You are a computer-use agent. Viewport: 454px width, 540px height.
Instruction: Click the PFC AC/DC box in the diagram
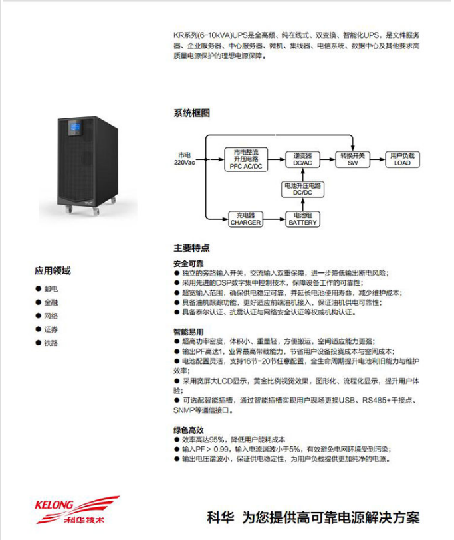click(247, 160)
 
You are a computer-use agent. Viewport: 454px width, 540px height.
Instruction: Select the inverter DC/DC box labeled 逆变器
click(302, 159)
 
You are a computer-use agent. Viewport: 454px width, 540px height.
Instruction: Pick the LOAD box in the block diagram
click(402, 159)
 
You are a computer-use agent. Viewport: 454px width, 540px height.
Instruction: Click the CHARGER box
click(245, 219)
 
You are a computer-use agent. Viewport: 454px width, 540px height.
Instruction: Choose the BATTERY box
click(302, 219)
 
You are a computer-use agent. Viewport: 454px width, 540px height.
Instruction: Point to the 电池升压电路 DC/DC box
click(302, 189)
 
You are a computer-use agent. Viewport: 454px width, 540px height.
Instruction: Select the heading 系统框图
click(191, 114)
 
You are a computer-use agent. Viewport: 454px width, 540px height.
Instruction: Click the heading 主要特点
click(191, 248)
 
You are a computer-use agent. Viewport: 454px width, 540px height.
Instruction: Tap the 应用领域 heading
click(53, 271)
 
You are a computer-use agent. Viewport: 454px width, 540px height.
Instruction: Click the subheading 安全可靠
click(188, 264)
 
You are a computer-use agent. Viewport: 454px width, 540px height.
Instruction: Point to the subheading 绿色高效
click(188, 430)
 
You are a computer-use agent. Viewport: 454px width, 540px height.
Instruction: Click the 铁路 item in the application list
click(51, 343)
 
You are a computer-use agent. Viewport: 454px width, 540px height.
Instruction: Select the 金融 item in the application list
click(51, 302)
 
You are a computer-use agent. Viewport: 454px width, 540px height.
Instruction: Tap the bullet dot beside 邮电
click(37, 289)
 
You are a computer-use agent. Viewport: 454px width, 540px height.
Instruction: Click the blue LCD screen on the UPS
click(74, 128)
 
